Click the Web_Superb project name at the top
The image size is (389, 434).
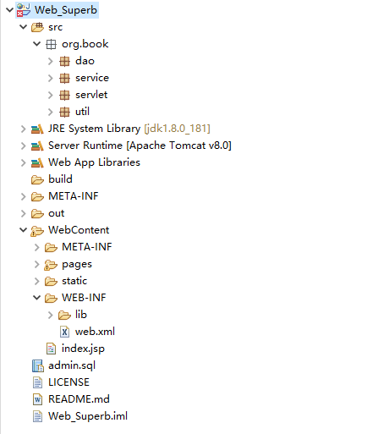coord(66,10)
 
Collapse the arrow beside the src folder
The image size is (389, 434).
coord(23,27)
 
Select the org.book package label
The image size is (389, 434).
coord(85,44)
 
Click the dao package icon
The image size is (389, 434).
coord(64,61)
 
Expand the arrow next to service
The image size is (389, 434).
coord(51,78)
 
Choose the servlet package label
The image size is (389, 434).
coord(91,95)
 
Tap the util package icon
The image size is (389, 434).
coord(64,112)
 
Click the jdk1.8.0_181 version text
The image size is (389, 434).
coord(177,129)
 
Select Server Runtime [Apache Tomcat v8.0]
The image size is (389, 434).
coord(140,146)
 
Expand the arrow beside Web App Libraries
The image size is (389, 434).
coord(24,162)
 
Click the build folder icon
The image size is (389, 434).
coord(37,179)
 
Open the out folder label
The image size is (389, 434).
coord(57,213)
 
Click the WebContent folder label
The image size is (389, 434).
coord(79,230)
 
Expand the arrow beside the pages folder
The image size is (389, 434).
coord(37,264)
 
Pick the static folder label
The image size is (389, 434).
coord(74,281)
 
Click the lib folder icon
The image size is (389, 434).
coord(64,315)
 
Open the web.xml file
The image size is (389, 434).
coord(95,332)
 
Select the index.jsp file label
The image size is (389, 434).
coord(83,349)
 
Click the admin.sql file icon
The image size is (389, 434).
coord(38,365)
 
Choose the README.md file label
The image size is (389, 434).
coord(79,399)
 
